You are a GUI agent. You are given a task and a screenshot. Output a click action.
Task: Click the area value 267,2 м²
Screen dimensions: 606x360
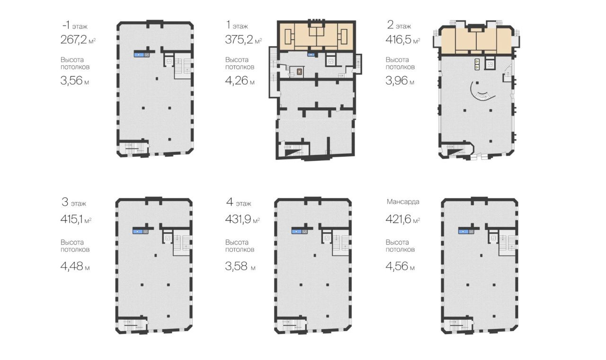(x=78, y=40)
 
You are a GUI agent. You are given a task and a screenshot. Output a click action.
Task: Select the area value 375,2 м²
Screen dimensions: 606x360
(x=243, y=40)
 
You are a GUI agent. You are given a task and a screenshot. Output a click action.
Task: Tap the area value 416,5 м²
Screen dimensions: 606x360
(x=403, y=40)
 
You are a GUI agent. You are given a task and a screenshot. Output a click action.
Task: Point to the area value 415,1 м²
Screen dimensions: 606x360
(x=76, y=220)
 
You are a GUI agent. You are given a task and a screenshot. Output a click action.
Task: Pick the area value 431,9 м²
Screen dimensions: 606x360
(x=242, y=220)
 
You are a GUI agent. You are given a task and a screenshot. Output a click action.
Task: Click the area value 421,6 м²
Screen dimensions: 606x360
(x=403, y=220)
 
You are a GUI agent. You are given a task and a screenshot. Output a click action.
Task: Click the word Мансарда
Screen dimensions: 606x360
(x=403, y=202)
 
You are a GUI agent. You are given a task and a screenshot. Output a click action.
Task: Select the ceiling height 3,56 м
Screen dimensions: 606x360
(x=75, y=80)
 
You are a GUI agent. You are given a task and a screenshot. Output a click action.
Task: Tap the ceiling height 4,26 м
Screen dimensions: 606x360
(x=240, y=80)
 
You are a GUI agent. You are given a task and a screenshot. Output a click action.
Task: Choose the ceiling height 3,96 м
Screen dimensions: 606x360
(x=400, y=80)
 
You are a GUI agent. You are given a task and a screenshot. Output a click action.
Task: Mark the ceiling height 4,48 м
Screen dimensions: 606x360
(x=75, y=266)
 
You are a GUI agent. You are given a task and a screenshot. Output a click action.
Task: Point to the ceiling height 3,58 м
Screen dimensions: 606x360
(x=240, y=266)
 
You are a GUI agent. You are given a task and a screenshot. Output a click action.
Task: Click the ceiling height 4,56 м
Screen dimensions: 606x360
(x=400, y=266)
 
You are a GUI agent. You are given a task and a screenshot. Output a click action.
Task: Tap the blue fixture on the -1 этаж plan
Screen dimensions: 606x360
(x=139, y=54)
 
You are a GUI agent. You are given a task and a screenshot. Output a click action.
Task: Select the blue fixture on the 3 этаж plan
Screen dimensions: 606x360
(x=137, y=231)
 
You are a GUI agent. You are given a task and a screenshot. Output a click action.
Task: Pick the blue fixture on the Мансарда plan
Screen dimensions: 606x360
(x=463, y=231)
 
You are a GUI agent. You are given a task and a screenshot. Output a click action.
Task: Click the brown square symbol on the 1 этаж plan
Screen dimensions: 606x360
(x=300, y=71)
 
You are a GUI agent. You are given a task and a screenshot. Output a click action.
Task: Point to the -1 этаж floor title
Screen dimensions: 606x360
(x=75, y=26)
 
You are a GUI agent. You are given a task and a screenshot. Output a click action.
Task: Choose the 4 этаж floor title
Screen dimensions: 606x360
(x=239, y=202)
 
